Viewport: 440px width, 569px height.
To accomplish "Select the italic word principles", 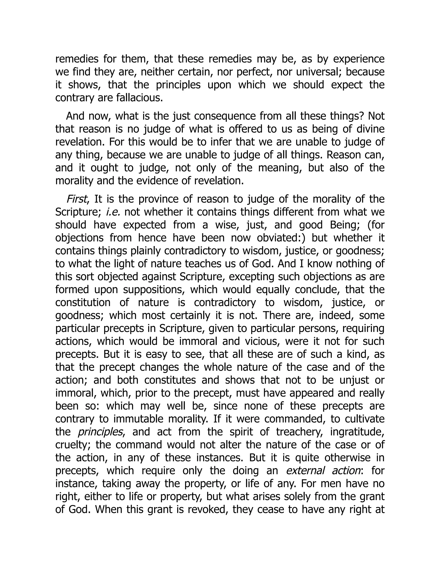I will point(100,432).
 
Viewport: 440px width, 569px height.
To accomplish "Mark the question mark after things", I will point(362,116).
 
